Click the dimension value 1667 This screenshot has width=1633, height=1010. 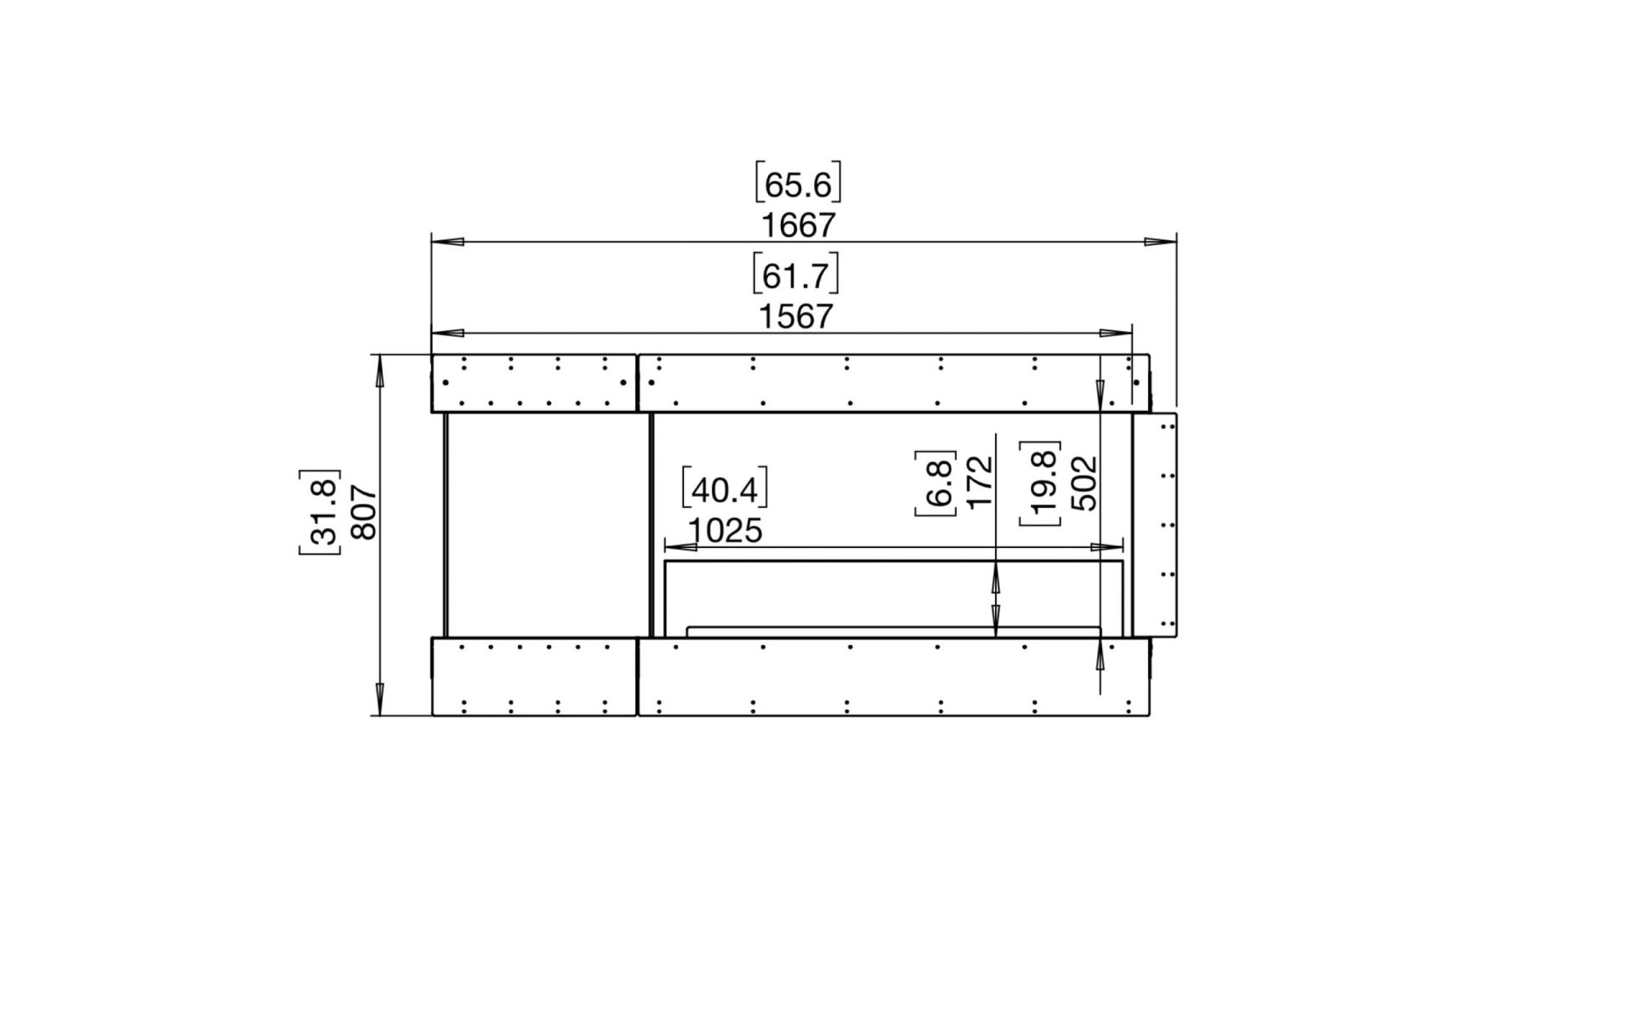pos(798,225)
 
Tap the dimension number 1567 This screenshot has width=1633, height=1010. pos(795,317)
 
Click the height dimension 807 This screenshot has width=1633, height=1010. pos(363,511)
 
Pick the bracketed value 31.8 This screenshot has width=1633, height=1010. pos(320,511)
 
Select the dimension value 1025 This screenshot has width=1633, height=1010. pos(725,531)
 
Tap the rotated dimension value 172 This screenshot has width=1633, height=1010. pos(981,481)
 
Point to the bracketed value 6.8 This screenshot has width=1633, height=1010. pos(936,482)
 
